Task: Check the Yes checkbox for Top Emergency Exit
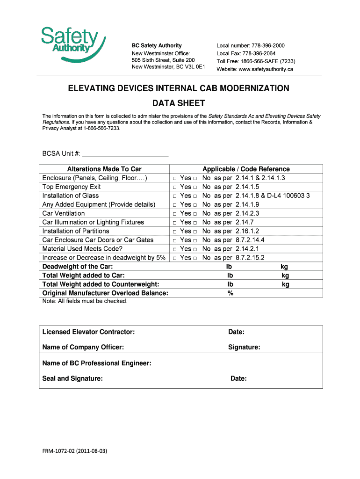click(x=174, y=187)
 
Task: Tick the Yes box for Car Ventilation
click(x=174, y=214)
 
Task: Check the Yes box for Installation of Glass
click(x=174, y=196)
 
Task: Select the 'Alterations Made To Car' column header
click(x=104, y=169)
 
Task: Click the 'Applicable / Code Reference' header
click(x=246, y=169)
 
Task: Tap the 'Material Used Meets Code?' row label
click(x=82, y=249)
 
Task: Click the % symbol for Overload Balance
click(x=230, y=293)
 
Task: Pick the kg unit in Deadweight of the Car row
click(x=284, y=267)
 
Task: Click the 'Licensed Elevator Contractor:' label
click(x=88, y=332)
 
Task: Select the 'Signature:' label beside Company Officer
click(x=244, y=348)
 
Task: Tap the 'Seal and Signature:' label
click(x=72, y=378)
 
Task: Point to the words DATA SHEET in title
click(x=179, y=103)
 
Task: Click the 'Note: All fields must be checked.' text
click(x=85, y=301)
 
